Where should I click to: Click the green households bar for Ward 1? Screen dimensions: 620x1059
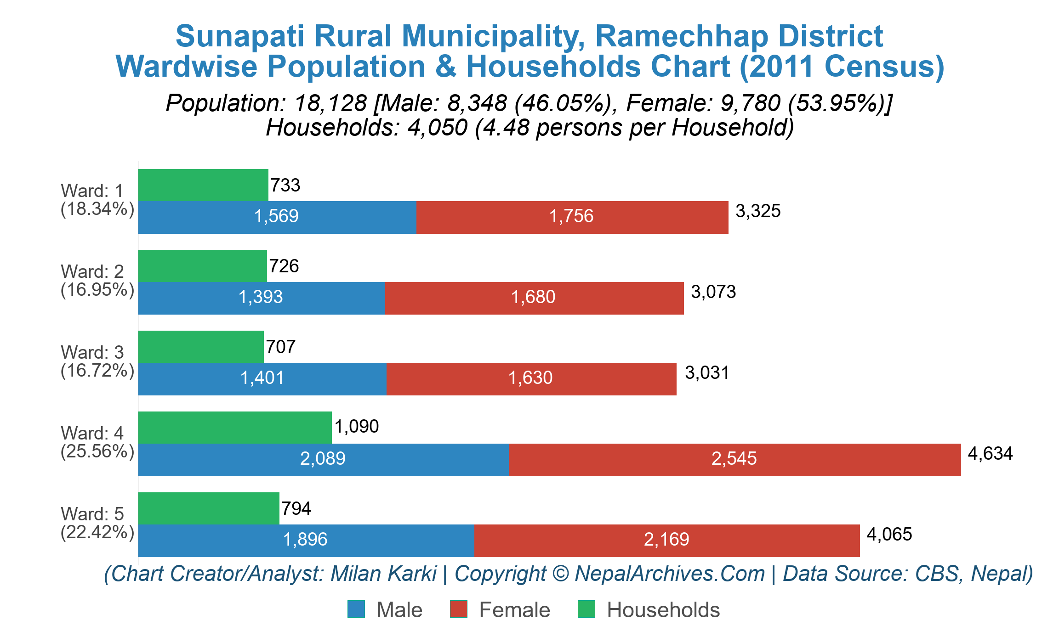tap(203, 185)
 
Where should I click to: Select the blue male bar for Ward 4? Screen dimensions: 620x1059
tap(323, 459)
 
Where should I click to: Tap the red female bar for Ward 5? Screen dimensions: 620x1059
tap(666, 540)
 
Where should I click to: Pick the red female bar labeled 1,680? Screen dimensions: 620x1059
tap(534, 298)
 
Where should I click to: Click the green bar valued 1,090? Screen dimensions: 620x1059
tap(234, 428)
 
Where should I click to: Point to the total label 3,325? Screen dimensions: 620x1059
tap(758, 211)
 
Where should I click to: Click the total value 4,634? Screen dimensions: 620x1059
tap(990, 454)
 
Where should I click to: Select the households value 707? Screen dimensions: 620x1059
tap(281, 347)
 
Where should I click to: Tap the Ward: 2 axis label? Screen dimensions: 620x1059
tap(92, 272)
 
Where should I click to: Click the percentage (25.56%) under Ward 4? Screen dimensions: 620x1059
tap(97, 451)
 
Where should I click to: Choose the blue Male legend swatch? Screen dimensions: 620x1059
tap(356, 609)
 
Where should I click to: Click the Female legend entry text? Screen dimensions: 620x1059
tap(514, 610)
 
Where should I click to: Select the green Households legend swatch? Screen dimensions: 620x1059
tap(586, 609)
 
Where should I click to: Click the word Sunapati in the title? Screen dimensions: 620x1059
tap(239, 36)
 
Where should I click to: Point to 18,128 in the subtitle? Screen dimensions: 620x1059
tap(330, 103)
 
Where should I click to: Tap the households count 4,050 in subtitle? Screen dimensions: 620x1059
tap(437, 128)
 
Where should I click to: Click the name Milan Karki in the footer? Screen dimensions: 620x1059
tap(383, 574)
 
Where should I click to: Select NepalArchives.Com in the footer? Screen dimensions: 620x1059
tap(670, 574)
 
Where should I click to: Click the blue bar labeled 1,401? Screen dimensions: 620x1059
tap(262, 378)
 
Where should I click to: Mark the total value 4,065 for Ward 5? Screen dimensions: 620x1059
tap(889, 535)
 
